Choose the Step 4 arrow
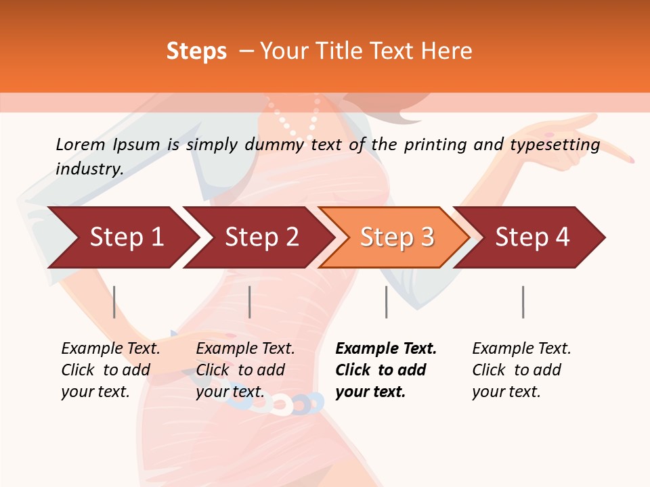tap(532, 237)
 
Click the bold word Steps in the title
tap(196, 51)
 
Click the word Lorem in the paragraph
tap(80, 145)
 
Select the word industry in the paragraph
tap(89, 169)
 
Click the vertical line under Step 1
tap(114, 302)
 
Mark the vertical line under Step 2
tap(250, 302)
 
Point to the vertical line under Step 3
tap(386, 302)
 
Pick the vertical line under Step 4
tap(523, 302)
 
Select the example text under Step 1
tap(110, 370)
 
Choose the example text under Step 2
tap(244, 370)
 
